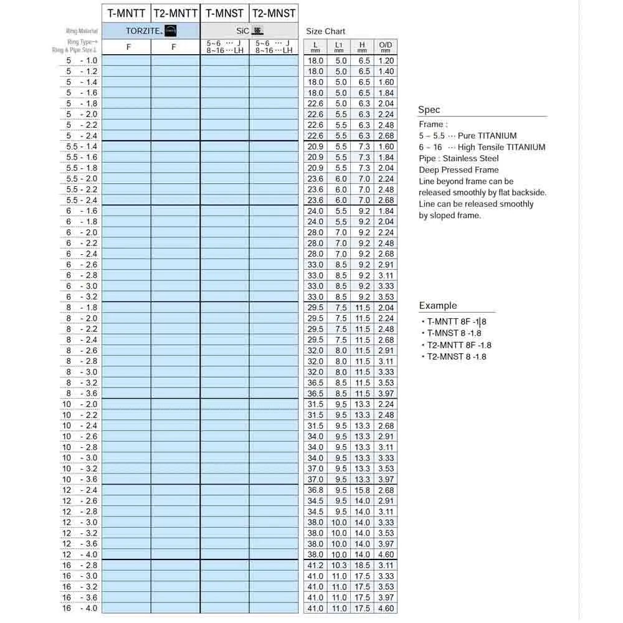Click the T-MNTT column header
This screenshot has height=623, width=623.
click(126, 13)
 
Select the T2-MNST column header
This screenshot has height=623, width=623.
click(273, 13)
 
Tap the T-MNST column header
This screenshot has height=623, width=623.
click(224, 13)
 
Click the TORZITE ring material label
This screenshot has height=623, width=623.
click(144, 31)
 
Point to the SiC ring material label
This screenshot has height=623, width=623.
click(243, 31)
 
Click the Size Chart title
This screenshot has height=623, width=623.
click(325, 31)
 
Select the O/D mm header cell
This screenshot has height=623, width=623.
click(386, 47)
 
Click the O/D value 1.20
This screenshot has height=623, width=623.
click(386, 60)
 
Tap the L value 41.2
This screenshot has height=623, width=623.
click(316, 565)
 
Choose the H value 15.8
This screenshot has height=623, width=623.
click(362, 490)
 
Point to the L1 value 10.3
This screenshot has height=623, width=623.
click(340, 565)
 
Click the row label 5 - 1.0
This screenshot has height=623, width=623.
click(82, 60)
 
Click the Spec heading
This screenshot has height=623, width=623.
click(429, 110)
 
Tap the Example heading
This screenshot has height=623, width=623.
click(437, 305)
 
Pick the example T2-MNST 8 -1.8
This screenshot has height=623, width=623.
click(456, 356)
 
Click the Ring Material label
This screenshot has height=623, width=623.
click(83, 31)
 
